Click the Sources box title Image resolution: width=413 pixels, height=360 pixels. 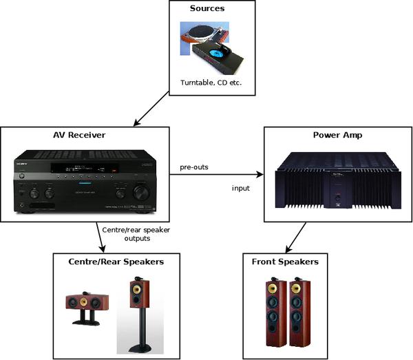[x=212, y=9]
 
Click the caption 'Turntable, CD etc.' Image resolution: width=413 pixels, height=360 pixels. [x=212, y=83]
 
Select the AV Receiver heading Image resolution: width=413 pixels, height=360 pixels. [x=85, y=136]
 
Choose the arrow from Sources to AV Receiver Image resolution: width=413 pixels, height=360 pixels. [x=151, y=109]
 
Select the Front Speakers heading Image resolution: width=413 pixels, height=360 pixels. [x=294, y=262]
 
